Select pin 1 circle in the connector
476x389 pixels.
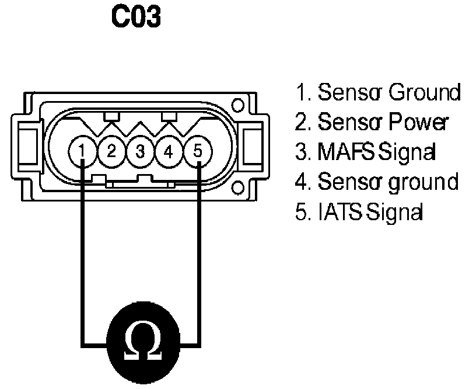point(83,152)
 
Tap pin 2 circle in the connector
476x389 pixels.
point(111,152)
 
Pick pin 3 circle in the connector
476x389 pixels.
point(140,152)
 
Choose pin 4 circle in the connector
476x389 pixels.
point(169,152)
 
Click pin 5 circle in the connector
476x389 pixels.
point(198,152)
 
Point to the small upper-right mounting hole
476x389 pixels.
point(237,107)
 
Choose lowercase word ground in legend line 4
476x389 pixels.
point(423,183)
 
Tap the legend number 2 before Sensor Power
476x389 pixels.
point(301,122)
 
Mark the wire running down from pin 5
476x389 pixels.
point(199,251)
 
